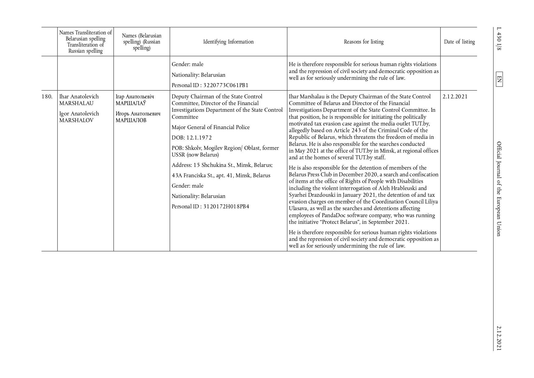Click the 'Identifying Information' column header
(228, 42)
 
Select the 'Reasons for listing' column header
(364, 42)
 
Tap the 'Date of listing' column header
(459, 42)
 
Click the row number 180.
(47, 97)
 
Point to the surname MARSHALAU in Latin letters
(76, 103)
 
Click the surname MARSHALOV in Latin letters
(76, 120)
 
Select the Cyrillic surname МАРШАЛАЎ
(131, 103)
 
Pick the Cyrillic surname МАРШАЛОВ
(131, 120)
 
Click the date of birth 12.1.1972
(199, 138)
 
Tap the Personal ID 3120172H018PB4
(226, 207)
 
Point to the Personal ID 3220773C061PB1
(226, 85)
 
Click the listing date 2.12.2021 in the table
(455, 97)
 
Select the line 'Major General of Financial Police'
(211, 127)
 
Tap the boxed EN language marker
(499, 79)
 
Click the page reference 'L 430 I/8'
(499, 39)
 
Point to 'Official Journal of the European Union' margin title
(499, 189)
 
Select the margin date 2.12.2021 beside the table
(499, 338)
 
